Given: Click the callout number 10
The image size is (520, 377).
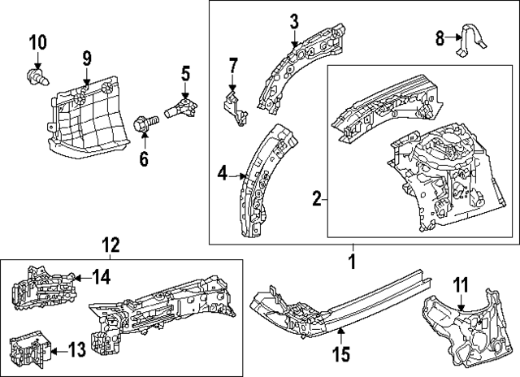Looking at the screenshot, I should tap(37, 42).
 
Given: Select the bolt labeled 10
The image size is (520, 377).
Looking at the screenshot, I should tap(35, 79).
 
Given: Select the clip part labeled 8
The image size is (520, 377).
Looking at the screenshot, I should tap(470, 42).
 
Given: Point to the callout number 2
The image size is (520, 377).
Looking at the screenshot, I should tap(318, 197).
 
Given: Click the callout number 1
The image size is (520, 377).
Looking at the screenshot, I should tap(352, 262).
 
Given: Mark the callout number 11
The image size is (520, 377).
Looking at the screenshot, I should tap(461, 285).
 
